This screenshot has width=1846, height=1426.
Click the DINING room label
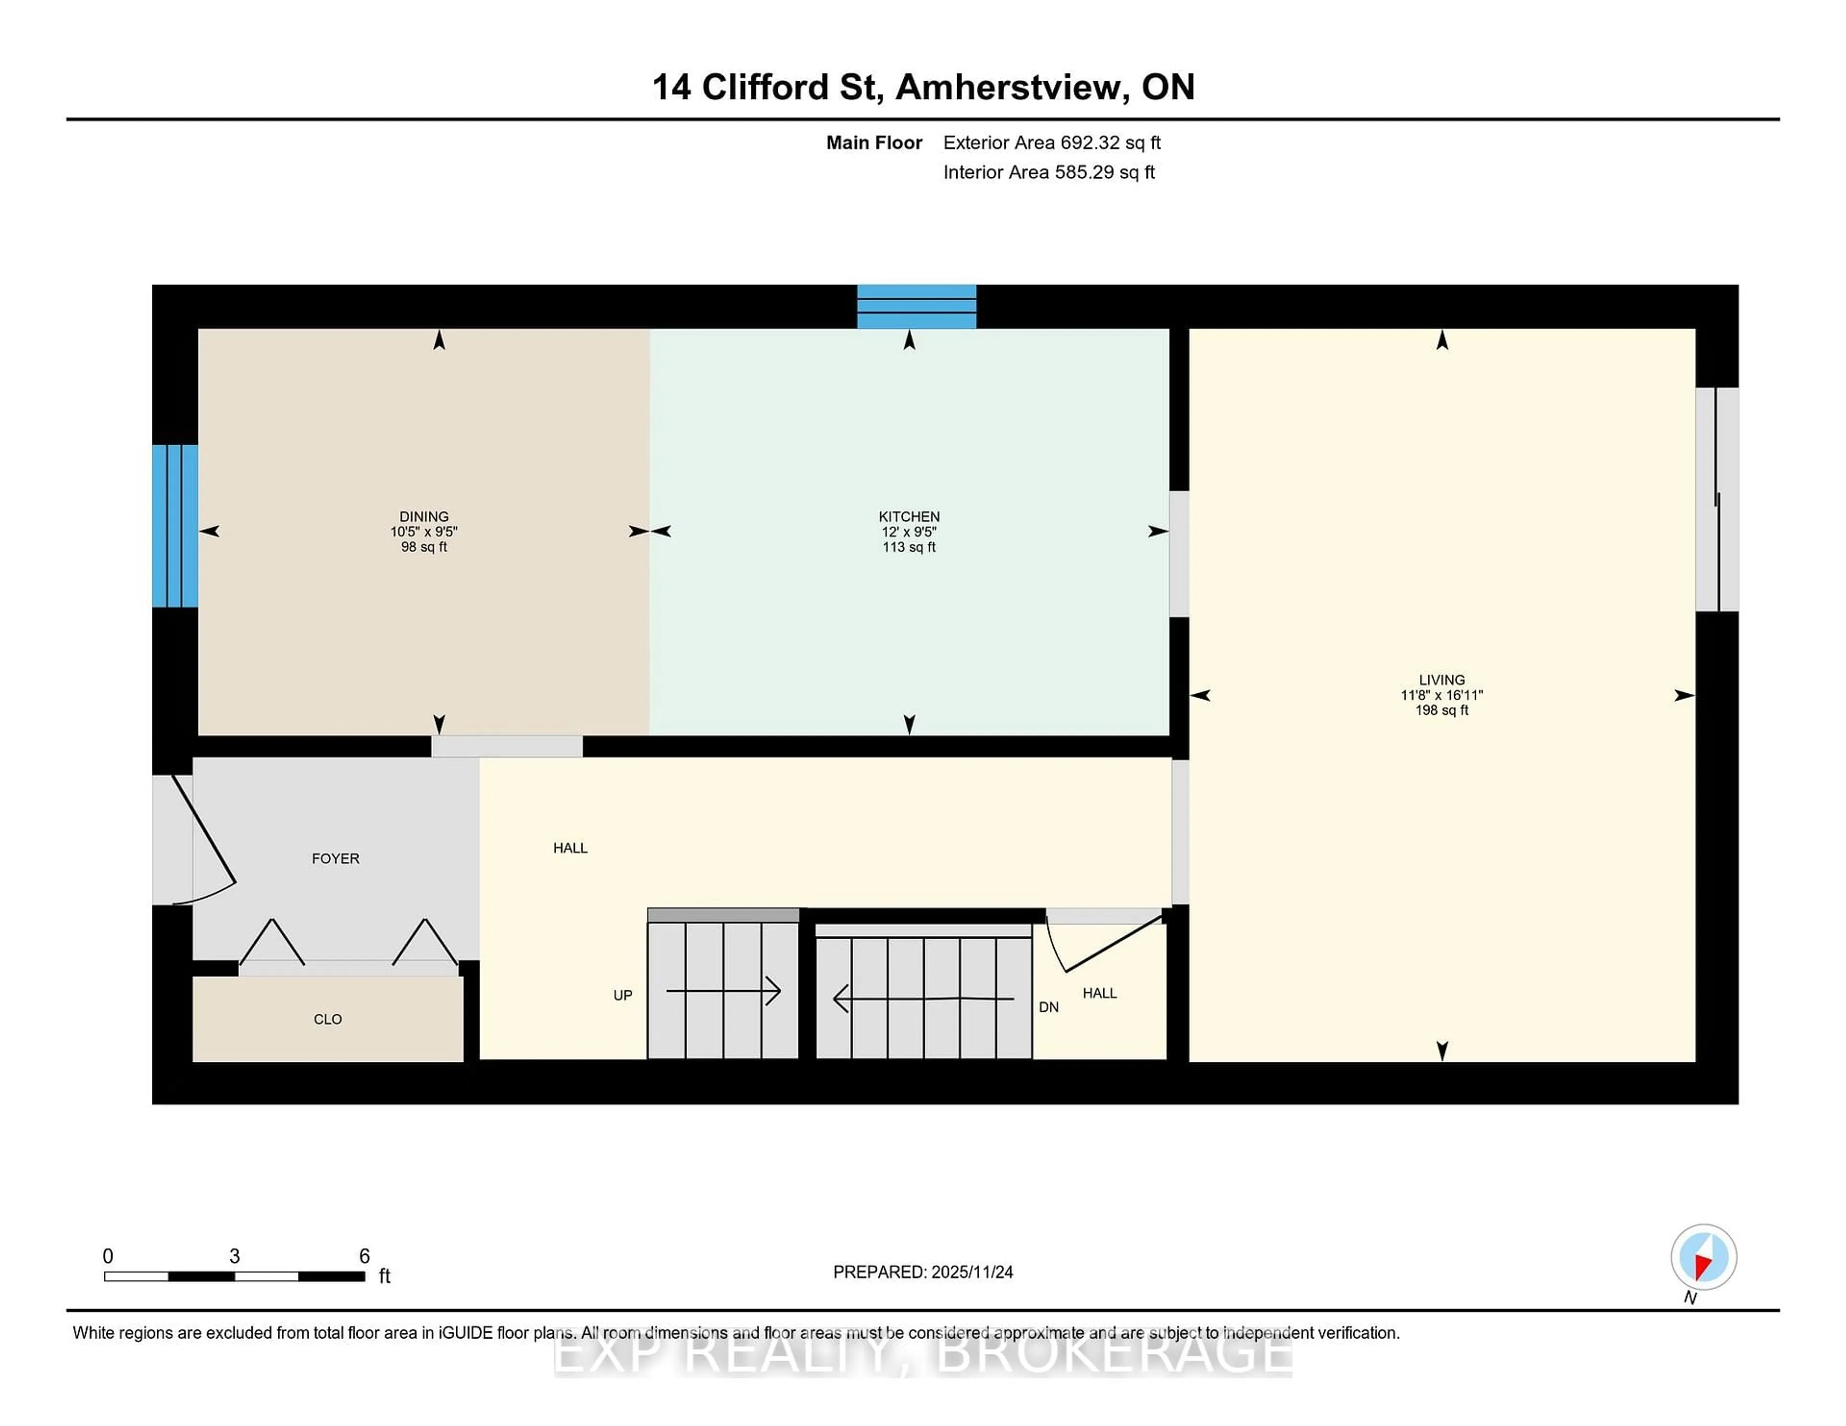(424, 516)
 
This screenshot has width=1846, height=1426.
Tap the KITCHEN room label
(909, 516)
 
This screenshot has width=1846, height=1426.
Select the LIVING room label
(1441, 680)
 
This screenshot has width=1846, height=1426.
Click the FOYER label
(336, 858)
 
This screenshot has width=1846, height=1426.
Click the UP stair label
(622, 995)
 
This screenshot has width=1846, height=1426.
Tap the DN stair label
(1048, 1007)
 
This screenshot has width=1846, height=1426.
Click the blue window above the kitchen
(916, 307)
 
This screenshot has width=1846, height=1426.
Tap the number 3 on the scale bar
(234, 1256)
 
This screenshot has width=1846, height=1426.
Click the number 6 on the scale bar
(364, 1256)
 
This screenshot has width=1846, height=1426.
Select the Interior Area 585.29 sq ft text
(1048, 172)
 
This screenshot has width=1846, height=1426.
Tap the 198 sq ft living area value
(1441, 711)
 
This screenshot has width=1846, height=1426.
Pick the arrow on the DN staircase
(923, 998)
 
